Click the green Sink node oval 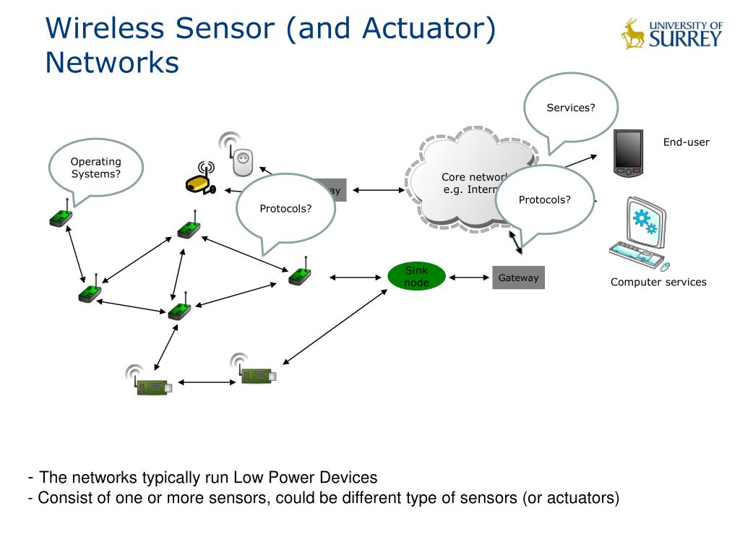416,277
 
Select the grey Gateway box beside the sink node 518,277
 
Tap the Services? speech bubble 571,108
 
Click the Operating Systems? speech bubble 95,168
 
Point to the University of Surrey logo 671,33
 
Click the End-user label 686,142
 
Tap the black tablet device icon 628,153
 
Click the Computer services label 658,282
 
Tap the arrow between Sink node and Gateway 469,277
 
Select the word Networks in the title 111,62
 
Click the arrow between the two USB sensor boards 207,382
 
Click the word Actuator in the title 422,29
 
